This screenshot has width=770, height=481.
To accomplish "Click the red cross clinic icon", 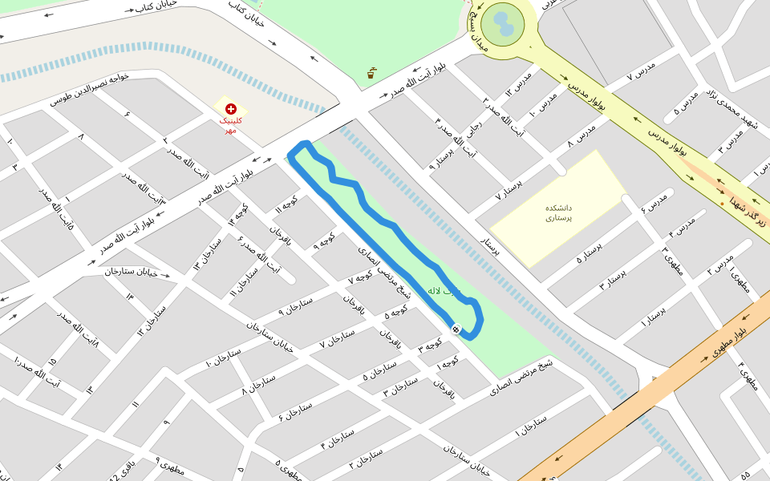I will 231,108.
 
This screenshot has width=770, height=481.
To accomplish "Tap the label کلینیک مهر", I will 230,125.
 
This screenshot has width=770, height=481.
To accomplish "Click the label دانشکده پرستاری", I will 558,212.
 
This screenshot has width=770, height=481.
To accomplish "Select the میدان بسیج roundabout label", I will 480,30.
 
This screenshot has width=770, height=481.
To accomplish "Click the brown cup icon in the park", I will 371,74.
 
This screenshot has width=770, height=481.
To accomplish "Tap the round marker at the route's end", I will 456,329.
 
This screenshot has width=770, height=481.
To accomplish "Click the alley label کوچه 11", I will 286,206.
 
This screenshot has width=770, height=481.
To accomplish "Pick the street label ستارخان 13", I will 206,254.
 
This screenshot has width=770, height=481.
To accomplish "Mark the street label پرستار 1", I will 654,315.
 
